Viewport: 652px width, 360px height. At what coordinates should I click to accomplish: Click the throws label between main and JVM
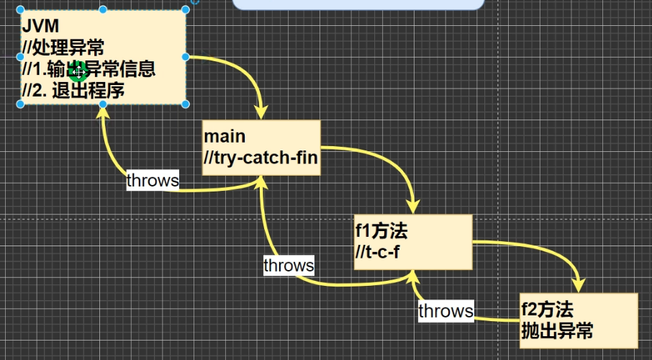point(153,180)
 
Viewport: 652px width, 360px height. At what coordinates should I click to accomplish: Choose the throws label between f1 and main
point(289,265)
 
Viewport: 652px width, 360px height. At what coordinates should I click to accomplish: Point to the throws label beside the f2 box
point(446,310)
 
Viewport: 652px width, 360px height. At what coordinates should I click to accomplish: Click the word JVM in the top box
point(37,27)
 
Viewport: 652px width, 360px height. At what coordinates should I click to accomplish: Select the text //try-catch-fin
point(261,158)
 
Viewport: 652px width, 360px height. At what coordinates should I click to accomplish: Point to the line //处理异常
point(63,48)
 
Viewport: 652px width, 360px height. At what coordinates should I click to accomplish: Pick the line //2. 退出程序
point(73,91)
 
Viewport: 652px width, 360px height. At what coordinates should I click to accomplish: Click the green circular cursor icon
point(78,71)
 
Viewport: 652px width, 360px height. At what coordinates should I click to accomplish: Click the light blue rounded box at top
point(358,4)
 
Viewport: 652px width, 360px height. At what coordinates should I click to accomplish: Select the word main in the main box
point(225,136)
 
